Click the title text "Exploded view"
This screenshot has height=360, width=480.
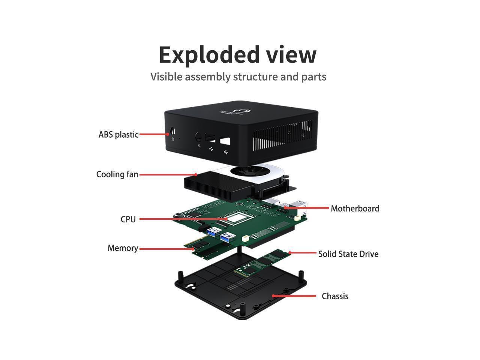click(x=238, y=54)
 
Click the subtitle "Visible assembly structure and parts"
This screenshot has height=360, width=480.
click(x=238, y=76)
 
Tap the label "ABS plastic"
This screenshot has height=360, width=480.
click(x=118, y=135)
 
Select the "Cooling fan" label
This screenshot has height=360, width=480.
click(x=117, y=174)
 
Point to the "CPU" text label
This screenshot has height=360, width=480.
click(x=128, y=219)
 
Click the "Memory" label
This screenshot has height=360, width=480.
click(x=123, y=248)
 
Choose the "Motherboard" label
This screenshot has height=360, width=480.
click(x=355, y=208)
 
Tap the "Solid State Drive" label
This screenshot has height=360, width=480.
click(x=348, y=254)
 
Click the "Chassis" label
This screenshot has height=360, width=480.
click(x=335, y=296)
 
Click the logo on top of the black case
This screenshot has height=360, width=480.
click(x=238, y=111)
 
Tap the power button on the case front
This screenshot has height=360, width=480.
click(x=173, y=132)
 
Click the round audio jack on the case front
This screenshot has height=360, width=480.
click(x=199, y=136)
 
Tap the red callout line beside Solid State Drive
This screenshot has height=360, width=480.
click(x=303, y=253)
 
